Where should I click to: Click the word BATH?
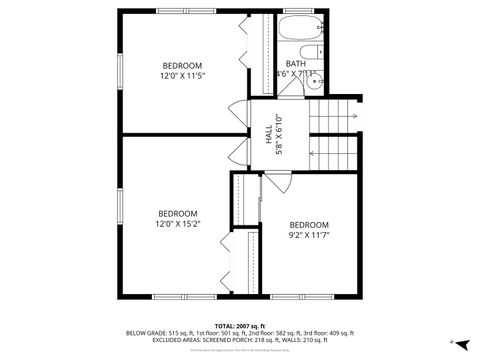[296, 63]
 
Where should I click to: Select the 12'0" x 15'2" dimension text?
[178, 224]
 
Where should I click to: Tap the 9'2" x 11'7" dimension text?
[308, 236]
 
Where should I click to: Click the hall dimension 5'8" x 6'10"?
[281, 135]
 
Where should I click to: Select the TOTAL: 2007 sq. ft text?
[239, 325]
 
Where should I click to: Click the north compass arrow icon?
[453, 342]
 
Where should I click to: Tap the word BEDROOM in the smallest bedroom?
[308, 225]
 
